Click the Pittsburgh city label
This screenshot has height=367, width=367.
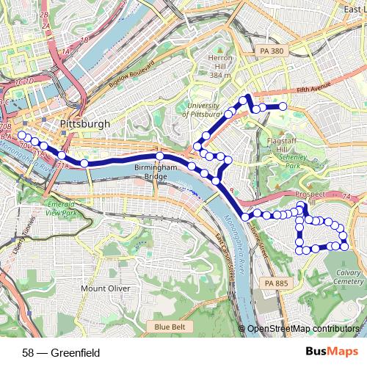tap(86, 124)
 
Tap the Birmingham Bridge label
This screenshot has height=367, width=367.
tap(156, 172)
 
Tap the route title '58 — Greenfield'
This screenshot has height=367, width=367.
tap(61, 352)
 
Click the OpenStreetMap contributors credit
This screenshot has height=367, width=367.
tap(302, 330)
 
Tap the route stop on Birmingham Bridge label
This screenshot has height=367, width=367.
tap(159, 156)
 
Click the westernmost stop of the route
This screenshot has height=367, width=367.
tap(21, 135)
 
